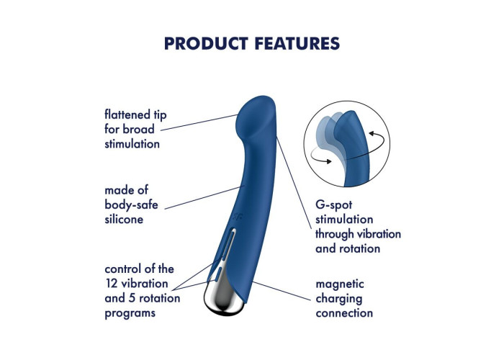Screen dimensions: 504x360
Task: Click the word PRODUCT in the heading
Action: coord(206,43)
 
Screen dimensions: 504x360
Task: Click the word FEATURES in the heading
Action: coord(297,43)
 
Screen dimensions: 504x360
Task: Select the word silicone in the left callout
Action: coord(124,219)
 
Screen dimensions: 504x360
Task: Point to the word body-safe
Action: coord(131,204)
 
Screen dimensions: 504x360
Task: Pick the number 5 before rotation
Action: coord(132,298)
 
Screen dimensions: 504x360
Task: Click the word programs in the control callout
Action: coord(130,313)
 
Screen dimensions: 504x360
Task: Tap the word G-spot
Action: coord(333,204)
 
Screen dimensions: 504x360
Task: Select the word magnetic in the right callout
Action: coord(340,284)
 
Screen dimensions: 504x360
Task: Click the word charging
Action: coord(339,299)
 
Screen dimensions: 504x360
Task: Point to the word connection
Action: coord(344,312)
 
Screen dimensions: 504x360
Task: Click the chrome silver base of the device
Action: coord(222,298)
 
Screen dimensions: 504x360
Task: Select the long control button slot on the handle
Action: coord(228,243)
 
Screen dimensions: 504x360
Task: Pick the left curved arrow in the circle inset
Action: coord(321,156)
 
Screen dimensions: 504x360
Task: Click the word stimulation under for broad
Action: coord(132,144)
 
